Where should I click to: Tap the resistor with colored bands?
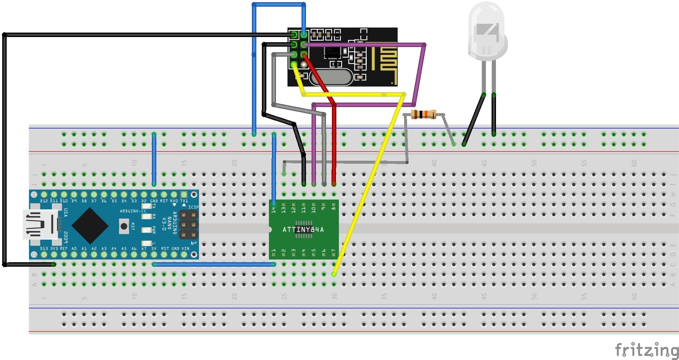coord(423,115)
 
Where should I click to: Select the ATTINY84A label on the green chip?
coord(303,230)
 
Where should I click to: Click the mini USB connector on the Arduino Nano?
coord(40,224)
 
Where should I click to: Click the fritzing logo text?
coord(646,350)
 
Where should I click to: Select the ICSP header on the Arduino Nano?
coord(188,224)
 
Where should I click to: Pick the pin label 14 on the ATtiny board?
coord(274,210)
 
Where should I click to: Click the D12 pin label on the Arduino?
coord(44,201)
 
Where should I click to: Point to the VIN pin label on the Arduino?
coord(184,249)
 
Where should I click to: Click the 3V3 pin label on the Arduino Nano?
coord(54,249)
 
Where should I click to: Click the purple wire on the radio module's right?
coord(420,74)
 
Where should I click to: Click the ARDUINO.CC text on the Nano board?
coord(133,211)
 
